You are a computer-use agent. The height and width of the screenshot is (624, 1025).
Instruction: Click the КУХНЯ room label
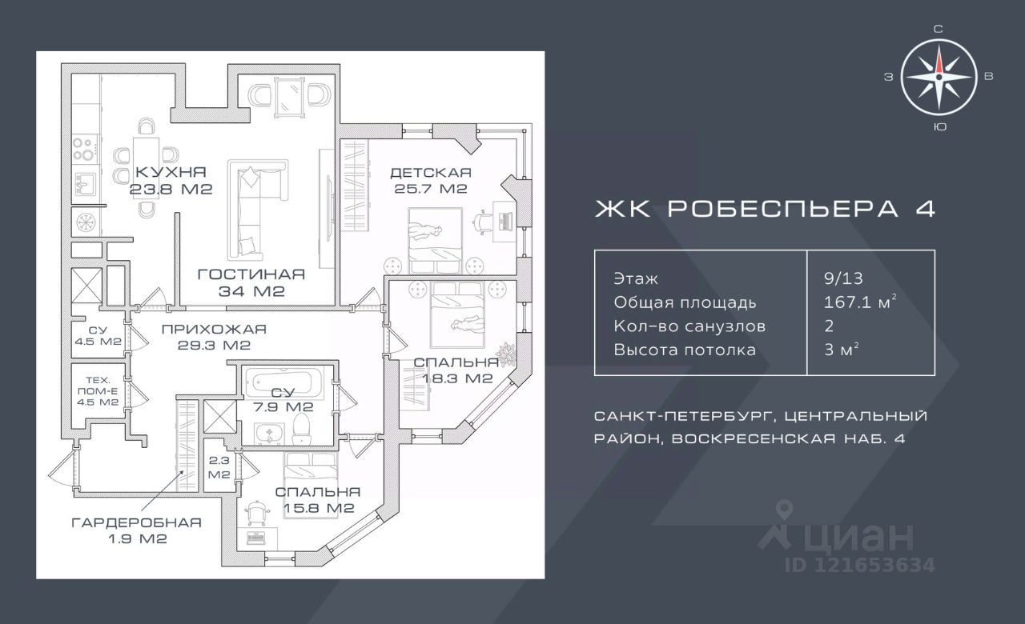coord(171,172)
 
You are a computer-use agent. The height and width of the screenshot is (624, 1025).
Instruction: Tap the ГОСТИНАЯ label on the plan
coord(251,274)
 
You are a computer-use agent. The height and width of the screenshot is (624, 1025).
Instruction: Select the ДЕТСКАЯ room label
coord(430,173)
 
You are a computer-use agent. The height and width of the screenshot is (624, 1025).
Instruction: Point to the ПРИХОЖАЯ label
coord(213,329)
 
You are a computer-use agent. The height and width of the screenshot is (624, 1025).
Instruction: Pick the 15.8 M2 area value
coord(317,508)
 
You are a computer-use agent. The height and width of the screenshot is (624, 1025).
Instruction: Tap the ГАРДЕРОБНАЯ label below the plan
coord(136,522)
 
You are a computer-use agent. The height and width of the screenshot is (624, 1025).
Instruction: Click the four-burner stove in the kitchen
coord(83,150)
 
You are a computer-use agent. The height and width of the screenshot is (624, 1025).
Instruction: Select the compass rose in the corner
coord(939,77)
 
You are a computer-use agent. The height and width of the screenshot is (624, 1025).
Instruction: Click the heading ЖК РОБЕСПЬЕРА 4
coord(764,209)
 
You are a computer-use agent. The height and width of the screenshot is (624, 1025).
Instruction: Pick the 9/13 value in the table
coord(838,279)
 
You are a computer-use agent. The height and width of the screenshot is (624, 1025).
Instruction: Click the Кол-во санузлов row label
coord(689,326)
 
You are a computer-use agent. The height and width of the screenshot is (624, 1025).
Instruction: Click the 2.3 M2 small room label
coord(219,468)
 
